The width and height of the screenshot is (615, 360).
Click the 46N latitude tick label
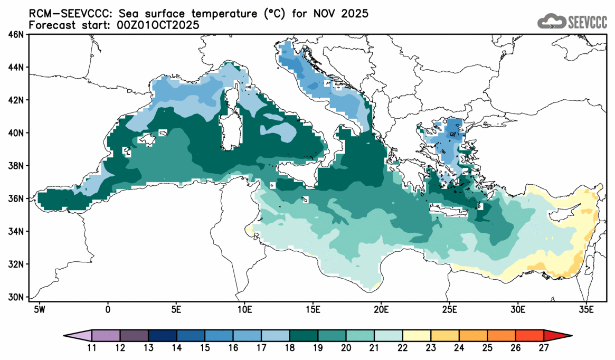pos(17,35)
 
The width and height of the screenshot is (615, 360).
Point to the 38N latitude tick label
pos(17,166)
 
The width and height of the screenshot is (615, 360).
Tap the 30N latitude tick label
pos(17,297)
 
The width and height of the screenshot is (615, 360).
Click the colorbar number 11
pos(92,348)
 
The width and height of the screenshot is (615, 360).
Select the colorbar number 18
pos(290,348)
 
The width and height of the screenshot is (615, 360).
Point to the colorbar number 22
pos(403,348)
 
